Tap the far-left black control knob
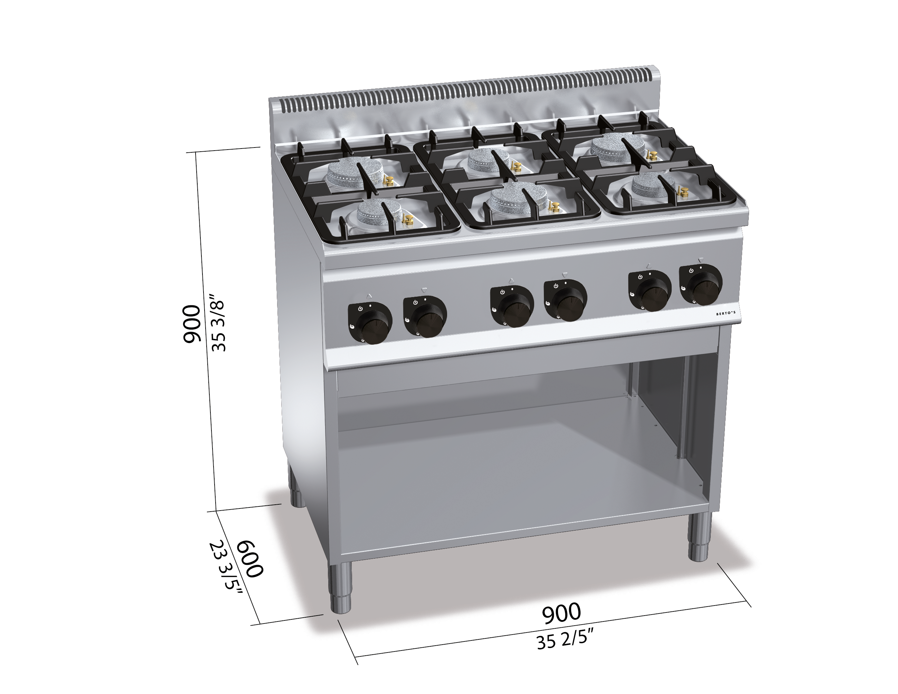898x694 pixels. [370, 324]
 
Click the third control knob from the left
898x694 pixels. [512, 307]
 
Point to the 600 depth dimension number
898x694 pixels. [249, 559]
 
